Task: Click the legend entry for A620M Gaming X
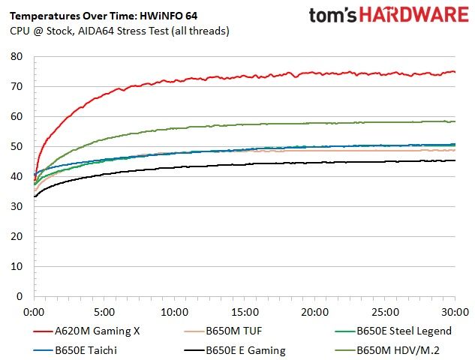click(86, 331)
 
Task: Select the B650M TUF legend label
click(223, 331)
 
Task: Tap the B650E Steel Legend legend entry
click(393, 331)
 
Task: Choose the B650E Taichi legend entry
click(75, 350)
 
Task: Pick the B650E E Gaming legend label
click(234, 350)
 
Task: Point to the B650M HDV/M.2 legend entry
click(387, 350)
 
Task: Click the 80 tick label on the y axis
click(17, 56)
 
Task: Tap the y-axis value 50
click(17, 146)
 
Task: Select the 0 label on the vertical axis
click(20, 296)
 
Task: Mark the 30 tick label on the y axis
click(17, 206)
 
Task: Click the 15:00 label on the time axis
click(245, 312)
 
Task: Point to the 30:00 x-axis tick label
click(455, 312)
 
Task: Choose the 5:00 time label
click(104, 312)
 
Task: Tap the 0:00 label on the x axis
click(35, 312)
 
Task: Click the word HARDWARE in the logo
click(414, 14)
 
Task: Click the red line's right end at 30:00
click(455, 72)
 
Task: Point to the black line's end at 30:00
click(455, 160)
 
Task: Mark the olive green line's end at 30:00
click(455, 121)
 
